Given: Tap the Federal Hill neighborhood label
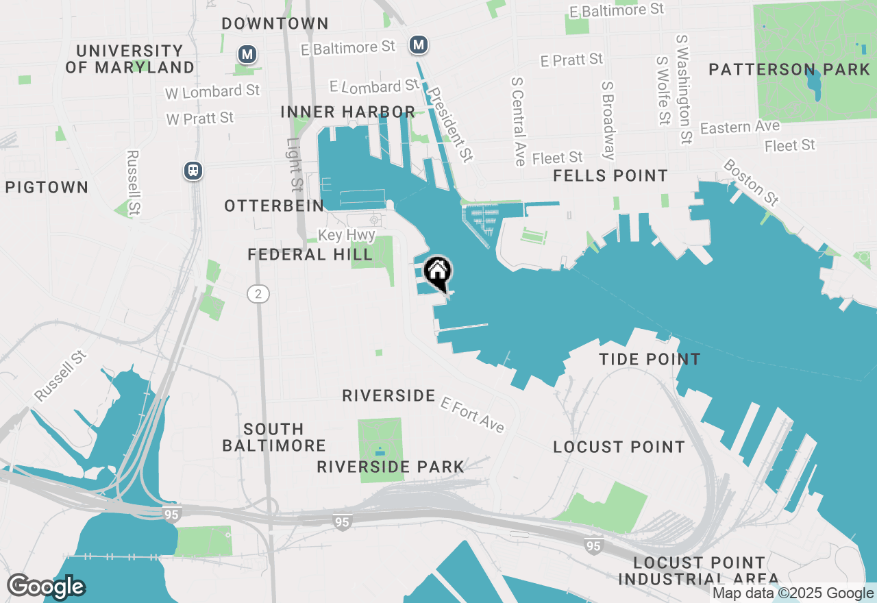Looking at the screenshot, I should pos(310,255).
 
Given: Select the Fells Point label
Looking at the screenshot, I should pos(610,176).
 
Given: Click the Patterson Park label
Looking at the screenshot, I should pos(789,70).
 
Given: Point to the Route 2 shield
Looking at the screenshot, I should pos(258,294).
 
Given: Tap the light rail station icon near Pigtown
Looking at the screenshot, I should pos(194,171).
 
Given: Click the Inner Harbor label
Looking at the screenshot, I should pos(348,112).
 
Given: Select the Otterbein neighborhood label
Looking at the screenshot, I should pos(274,206).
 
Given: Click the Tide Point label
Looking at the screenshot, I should pos(650,359).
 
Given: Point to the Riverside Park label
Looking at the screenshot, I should pos(391,467).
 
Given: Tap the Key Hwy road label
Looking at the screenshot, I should pos(347,235).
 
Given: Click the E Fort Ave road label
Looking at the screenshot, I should pos(473,414).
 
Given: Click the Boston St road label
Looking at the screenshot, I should pos(751,182).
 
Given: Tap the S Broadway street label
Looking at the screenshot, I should pos(608,121).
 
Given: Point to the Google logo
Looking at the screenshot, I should pos(46,587).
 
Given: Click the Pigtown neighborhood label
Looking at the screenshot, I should pos(47,187).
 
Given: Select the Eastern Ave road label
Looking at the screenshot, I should pos(740,127).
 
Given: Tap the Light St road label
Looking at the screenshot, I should pos(295,164).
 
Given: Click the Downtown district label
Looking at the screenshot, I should pos(275,23).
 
